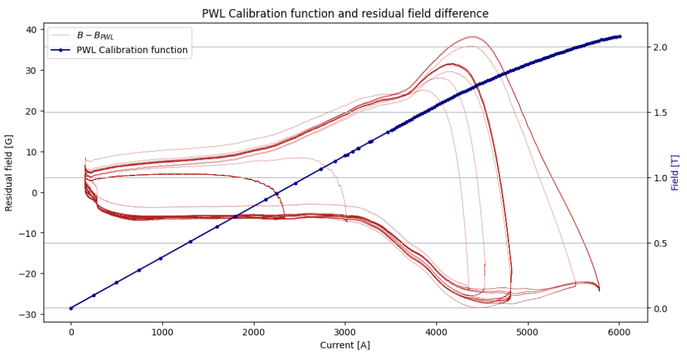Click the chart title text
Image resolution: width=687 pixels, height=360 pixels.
coord(345,13)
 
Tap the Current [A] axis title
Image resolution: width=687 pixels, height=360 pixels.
coord(345,345)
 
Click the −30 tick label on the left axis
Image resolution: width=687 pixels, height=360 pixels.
coord(29,315)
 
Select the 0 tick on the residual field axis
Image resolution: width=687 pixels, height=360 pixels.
coord(34,192)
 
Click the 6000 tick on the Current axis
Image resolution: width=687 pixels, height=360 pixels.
coord(619,332)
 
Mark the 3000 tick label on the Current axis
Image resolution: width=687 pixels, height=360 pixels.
coord(345,332)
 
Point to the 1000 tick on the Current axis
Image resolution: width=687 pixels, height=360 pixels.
coord(162,332)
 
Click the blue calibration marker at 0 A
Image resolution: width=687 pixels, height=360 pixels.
coord(71,308)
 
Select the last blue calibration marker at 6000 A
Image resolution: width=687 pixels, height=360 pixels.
coord(619,37)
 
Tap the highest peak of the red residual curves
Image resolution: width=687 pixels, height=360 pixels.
coord(472,37)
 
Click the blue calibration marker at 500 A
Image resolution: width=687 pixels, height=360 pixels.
coord(116,283)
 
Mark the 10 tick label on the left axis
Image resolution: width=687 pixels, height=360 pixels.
coord(31,152)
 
